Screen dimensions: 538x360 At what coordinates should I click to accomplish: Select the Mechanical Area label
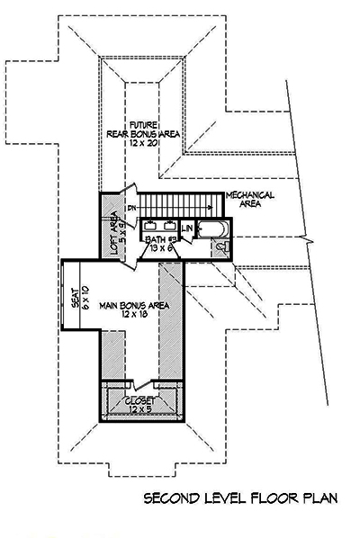250,200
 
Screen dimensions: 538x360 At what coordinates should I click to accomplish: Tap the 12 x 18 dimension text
135,318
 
